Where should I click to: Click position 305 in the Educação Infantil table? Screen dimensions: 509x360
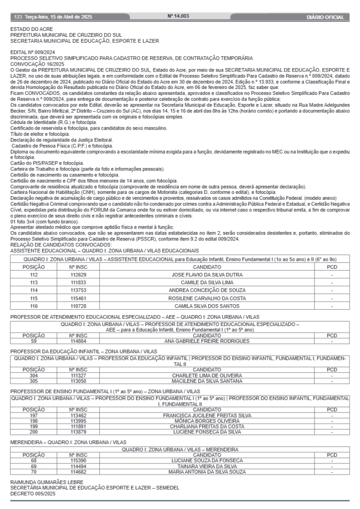[34, 380]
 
